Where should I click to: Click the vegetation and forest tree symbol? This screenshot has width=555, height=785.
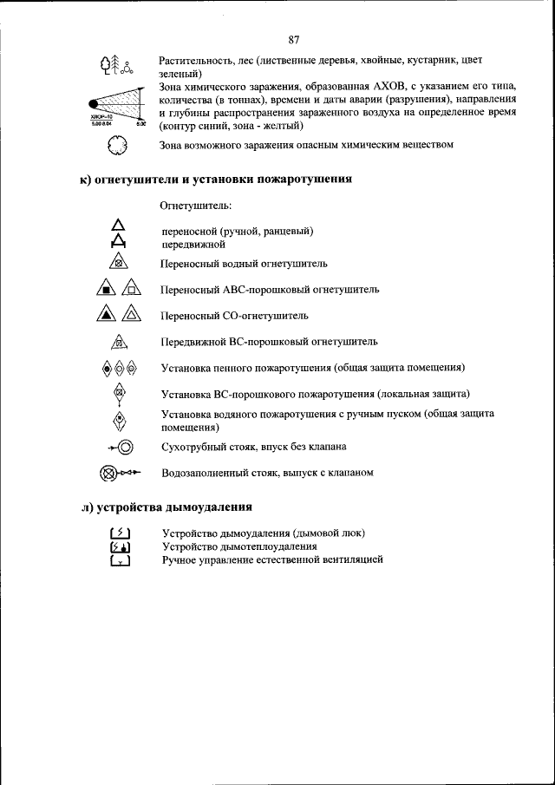pos(116,66)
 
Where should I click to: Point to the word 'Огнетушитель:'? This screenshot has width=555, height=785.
pos(195,207)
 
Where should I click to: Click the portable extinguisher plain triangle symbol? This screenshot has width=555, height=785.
pos(119,229)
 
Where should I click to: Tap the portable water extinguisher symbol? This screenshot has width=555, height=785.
pos(120,262)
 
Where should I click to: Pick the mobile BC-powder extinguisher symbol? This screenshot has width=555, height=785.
pos(120,343)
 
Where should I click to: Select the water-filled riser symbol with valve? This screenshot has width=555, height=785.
pos(119,474)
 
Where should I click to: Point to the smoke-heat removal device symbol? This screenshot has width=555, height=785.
pos(120,547)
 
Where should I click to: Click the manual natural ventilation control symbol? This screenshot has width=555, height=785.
pos(120,561)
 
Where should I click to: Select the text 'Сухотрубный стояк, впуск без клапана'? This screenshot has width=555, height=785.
pos(253,448)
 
